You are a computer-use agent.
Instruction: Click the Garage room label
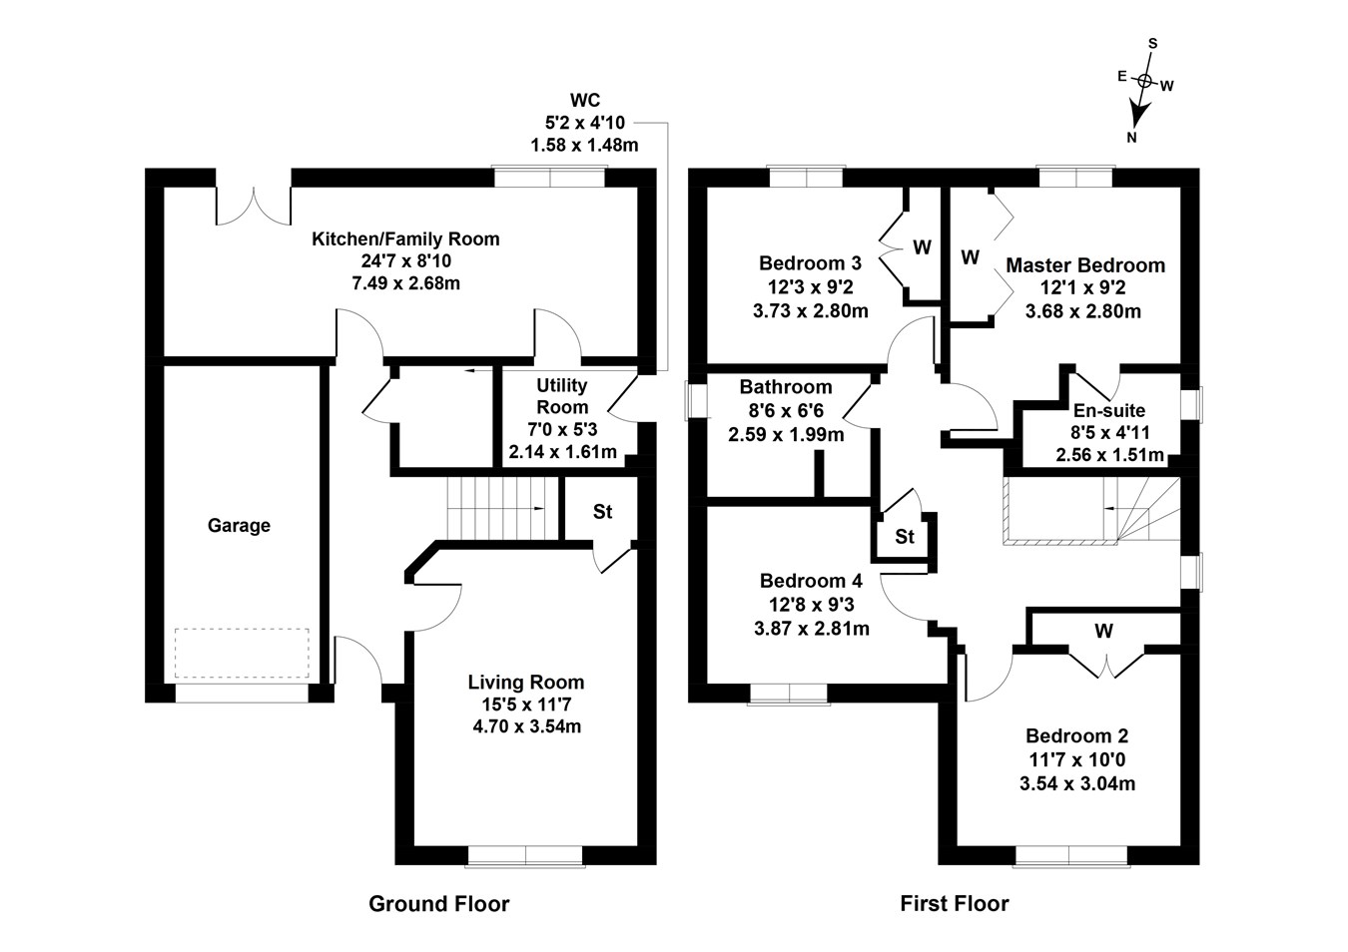(239, 526)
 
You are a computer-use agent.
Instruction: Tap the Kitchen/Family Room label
(405, 239)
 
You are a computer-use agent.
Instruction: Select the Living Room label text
(526, 683)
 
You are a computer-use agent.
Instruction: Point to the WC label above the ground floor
(584, 100)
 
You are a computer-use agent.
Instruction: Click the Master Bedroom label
(1084, 265)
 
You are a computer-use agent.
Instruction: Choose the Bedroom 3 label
(810, 263)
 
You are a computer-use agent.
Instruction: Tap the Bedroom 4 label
(811, 581)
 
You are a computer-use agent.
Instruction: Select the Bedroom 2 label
(1076, 736)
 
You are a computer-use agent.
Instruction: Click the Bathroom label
(786, 387)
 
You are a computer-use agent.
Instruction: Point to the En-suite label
(1109, 410)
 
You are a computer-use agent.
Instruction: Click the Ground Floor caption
(438, 904)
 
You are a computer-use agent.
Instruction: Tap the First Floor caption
(955, 904)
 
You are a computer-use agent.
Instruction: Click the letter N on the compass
(1131, 138)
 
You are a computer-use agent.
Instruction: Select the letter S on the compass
(1152, 43)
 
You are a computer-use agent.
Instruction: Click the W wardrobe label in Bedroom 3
(922, 246)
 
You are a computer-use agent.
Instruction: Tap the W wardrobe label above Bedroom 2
(1103, 631)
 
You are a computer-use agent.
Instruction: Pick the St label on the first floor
(905, 537)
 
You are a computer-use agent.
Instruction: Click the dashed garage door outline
(243, 653)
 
